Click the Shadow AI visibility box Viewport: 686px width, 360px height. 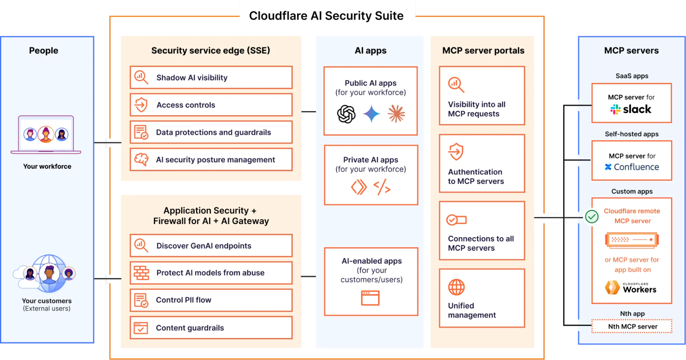click(211, 78)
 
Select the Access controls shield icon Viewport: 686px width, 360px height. click(141, 105)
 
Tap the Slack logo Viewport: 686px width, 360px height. click(631, 109)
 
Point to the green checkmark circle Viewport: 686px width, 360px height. click(592, 217)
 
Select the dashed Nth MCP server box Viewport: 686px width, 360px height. click(632, 326)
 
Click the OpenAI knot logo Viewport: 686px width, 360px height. click(346, 114)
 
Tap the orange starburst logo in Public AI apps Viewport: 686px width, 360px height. click(396, 114)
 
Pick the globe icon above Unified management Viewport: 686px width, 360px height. click(456, 287)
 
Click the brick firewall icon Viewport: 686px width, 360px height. click(141, 273)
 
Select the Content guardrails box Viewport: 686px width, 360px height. click(211, 328)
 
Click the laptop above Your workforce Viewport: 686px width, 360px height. click(46, 135)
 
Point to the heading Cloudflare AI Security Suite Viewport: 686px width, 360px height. click(326, 16)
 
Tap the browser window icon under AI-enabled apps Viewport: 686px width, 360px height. click(370, 298)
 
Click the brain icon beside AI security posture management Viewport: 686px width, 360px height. click(141, 160)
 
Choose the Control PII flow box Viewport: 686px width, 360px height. click(211, 300)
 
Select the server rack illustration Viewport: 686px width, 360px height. click(632, 240)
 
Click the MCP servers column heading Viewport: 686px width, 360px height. click(631, 50)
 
